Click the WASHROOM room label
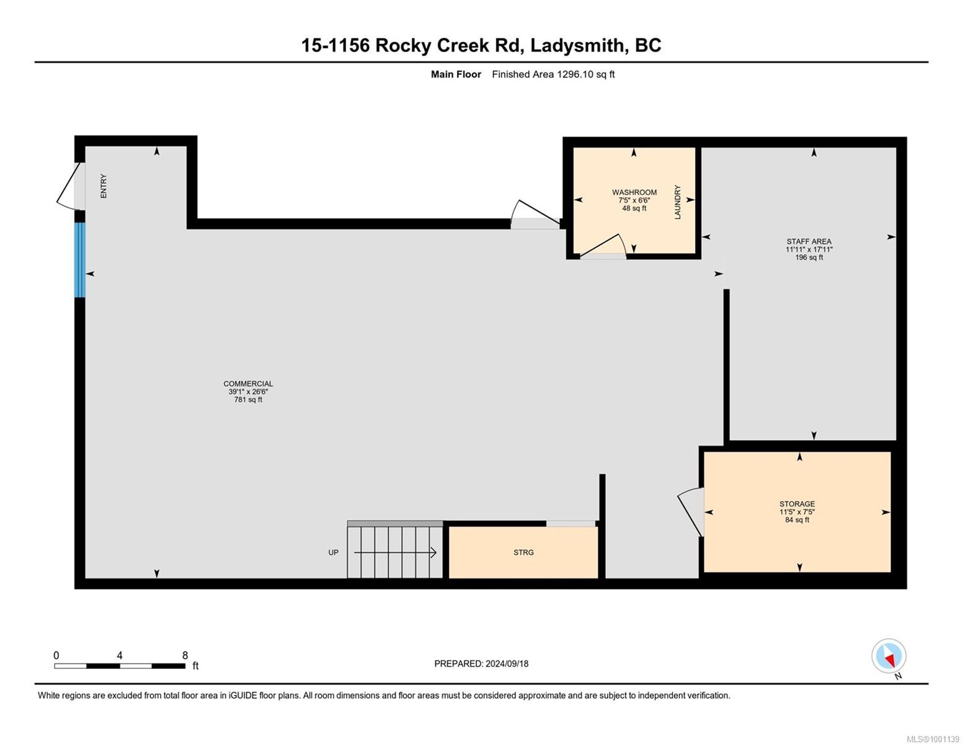tap(634, 192)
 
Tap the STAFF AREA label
tap(809, 242)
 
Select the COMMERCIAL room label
tap(248, 384)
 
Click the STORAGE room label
tap(797, 504)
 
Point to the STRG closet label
tap(523, 552)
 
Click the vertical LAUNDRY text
tap(678, 202)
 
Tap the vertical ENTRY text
tap(104, 186)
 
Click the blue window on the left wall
tap(79, 260)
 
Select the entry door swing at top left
tap(67, 185)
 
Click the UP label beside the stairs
tap(334, 552)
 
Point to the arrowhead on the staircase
tap(433, 552)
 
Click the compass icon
tap(889, 656)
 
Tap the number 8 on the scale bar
tap(185, 655)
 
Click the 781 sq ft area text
tap(248, 400)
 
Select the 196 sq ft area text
tap(809, 257)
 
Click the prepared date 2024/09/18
tap(507, 663)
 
